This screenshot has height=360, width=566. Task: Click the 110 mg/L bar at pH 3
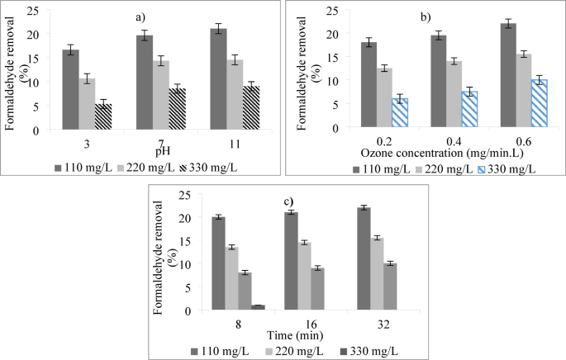click(71, 90)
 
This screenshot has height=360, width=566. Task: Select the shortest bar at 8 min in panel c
click(258, 307)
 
